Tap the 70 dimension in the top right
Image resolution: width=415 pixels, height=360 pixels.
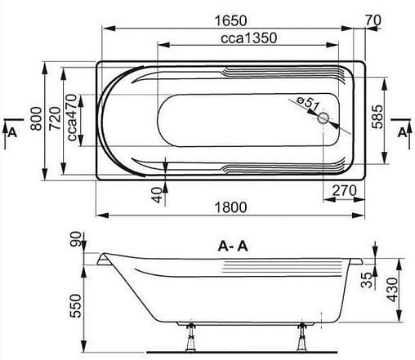[x=375, y=17]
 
